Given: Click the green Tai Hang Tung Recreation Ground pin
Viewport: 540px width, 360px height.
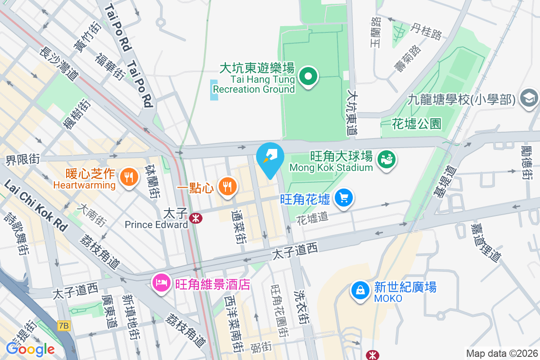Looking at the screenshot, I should (308, 77).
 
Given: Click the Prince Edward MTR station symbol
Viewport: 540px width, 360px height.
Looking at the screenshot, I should (196, 219).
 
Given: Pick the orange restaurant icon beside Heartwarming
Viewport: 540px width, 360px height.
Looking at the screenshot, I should (129, 177).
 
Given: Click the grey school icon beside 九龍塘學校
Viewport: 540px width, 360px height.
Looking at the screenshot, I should (528, 98).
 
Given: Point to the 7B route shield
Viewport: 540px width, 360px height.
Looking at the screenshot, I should (64, 324).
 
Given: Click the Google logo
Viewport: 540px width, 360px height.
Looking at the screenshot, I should (30, 349).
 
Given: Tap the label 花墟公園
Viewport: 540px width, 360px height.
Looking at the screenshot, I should (416, 123).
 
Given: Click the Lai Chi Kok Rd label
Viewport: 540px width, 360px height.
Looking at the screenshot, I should (34, 205).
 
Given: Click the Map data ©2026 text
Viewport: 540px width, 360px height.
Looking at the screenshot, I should (501, 353).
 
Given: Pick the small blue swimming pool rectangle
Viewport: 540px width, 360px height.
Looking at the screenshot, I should (214, 90).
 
